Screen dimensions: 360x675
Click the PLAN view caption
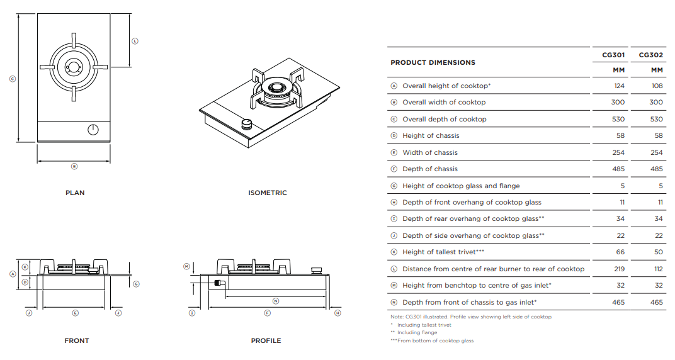click(75, 193)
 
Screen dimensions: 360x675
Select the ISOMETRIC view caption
click(267, 193)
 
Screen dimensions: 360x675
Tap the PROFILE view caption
click(266, 340)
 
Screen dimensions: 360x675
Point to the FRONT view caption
click(76, 340)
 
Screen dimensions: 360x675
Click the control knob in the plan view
click(93, 130)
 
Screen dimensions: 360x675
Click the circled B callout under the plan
click(74, 167)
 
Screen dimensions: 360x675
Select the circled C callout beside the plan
click(12, 79)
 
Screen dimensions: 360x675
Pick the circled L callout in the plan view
click(135, 41)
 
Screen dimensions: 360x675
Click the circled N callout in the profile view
click(275, 301)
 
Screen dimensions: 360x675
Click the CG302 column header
click(651, 55)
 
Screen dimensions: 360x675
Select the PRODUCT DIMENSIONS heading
click(433, 62)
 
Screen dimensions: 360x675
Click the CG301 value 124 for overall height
click(618, 86)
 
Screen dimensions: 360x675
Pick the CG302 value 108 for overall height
click(656, 86)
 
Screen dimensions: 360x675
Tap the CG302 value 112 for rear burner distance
click(657, 269)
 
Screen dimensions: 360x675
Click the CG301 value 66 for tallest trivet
click(620, 252)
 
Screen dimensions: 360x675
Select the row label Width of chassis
click(430, 152)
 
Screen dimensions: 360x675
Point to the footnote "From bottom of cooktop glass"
click(434, 340)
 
